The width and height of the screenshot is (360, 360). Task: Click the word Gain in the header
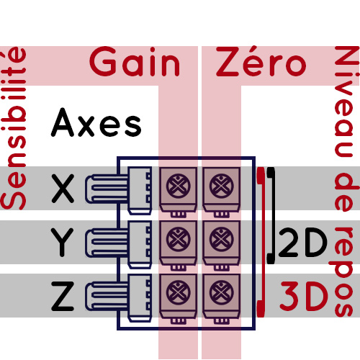coord(135,62)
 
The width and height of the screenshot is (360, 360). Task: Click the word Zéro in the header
coord(261,61)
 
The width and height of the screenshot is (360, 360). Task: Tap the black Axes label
coord(96,122)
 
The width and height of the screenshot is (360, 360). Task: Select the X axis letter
coord(63,189)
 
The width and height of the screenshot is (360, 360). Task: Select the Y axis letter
coord(62,243)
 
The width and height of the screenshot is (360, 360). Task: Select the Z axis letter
coord(63,297)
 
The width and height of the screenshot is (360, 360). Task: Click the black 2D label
coord(303,243)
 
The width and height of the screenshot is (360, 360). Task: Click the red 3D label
coord(304,297)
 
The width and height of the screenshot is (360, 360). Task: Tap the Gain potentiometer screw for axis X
coord(178,186)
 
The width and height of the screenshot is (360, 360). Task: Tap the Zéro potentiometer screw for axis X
coord(221,186)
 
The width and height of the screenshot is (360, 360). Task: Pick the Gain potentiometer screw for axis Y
coord(178,239)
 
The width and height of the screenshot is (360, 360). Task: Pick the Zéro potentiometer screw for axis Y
coord(221,239)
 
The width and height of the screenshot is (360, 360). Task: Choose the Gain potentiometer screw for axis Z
coord(178,293)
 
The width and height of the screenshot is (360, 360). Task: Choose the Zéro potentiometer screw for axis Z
coord(221,293)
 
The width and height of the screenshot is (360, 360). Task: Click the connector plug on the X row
coord(118,190)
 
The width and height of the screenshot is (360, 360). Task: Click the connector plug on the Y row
coord(118,244)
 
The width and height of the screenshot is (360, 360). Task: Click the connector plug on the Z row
coord(118,297)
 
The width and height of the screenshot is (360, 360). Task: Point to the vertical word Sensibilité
coord(13,128)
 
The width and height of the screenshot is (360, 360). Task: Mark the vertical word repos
coord(343,271)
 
